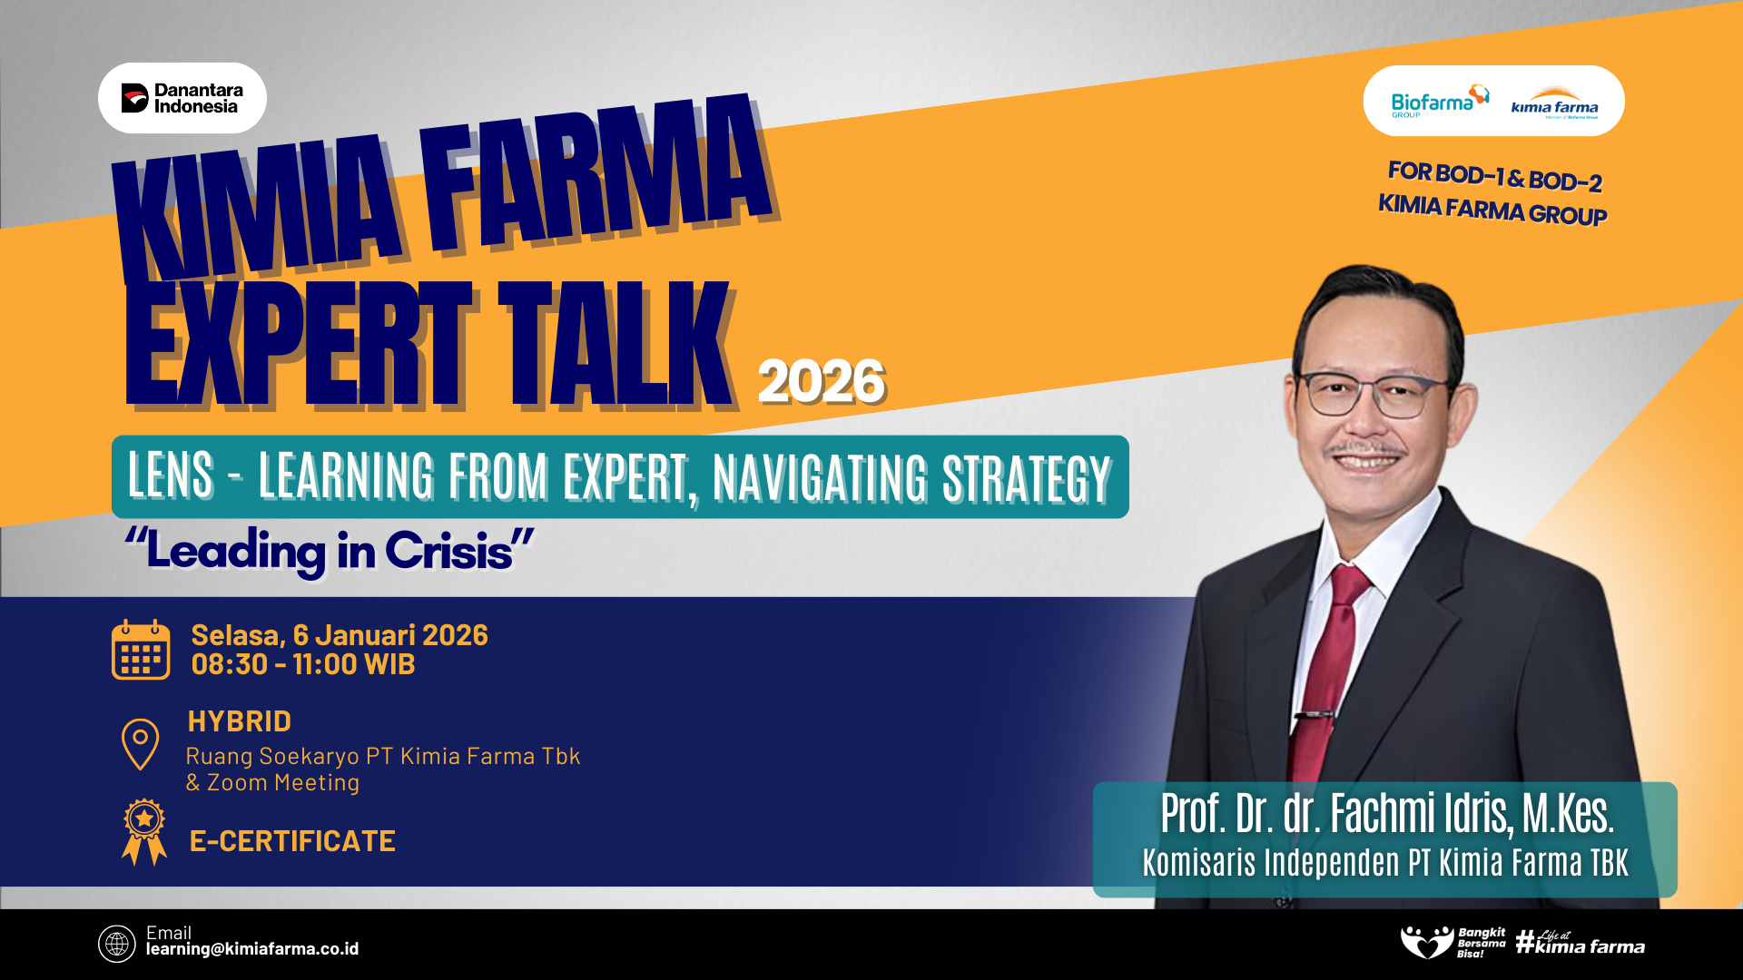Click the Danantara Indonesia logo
coord(182,98)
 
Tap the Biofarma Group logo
coord(1440,102)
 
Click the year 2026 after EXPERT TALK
coord(822,382)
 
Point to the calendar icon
coord(141,650)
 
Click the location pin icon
coord(140,744)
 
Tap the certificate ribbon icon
coord(144,832)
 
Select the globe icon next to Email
coord(117,944)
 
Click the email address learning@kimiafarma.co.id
coord(252,949)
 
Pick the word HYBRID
coord(240,721)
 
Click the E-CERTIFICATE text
coord(292,841)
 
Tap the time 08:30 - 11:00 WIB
coord(303,664)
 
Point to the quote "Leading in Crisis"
coord(330,551)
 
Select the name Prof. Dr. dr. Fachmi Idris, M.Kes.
coord(1387,813)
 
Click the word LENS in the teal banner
coord(171,475)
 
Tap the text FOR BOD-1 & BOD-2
coord(1495,177)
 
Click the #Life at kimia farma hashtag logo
coord(1581,943)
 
